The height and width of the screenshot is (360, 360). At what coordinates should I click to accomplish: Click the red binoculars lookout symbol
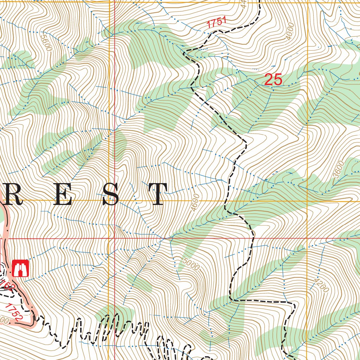(20, 268)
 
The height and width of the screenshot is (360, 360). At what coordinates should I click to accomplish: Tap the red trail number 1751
(216, 23)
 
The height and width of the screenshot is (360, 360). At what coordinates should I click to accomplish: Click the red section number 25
(273, 80)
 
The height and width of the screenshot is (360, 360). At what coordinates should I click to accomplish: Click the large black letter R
(14, 194)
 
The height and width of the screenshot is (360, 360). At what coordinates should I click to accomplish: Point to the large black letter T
(157, 194)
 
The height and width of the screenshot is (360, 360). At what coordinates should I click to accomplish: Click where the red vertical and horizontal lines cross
(115, 238)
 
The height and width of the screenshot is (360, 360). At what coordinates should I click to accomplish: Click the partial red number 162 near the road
(6, 284)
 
